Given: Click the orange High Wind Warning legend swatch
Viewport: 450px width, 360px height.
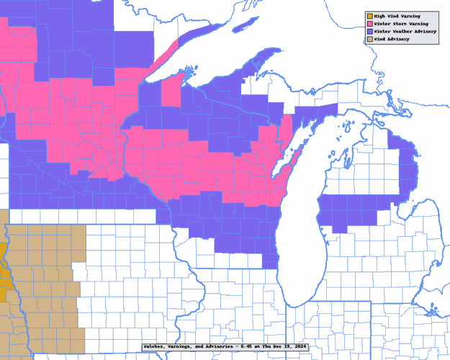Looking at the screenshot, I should [369, 16].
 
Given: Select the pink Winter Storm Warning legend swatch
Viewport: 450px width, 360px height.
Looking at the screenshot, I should [369, 24].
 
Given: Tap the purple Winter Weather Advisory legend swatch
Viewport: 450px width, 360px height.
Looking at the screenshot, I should [369, 32].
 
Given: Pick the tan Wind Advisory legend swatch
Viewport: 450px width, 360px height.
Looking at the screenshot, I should [369, 39].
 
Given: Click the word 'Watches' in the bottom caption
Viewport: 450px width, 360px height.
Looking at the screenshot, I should [156, 346].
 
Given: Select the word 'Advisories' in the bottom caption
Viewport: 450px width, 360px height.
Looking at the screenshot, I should [220, 346].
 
